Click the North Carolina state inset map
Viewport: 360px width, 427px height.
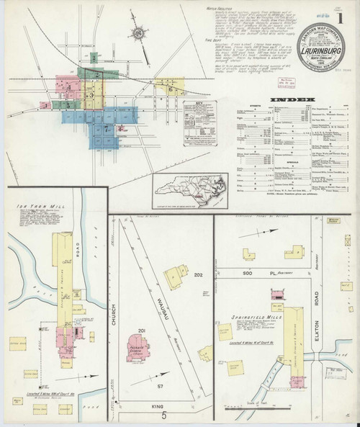[186, 190]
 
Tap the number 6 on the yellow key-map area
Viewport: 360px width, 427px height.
[170, 89]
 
